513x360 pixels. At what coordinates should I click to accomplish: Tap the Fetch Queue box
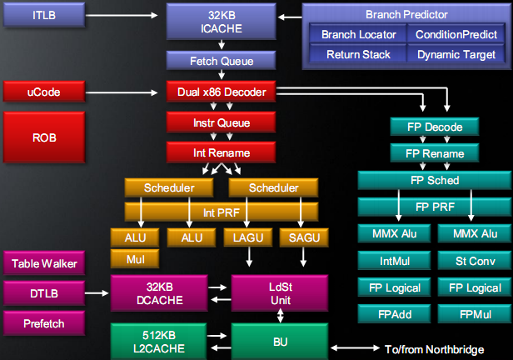click(221, 61)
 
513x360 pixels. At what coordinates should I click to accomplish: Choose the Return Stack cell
click(356, 52)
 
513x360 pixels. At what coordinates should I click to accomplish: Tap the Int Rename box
click(221, 153)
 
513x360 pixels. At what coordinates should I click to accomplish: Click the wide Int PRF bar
click(221, 212)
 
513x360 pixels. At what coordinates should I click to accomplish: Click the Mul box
click(136, 259)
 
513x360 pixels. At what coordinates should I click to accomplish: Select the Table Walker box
click(44, 264)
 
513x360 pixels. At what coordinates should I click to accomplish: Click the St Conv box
click(470, 261)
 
